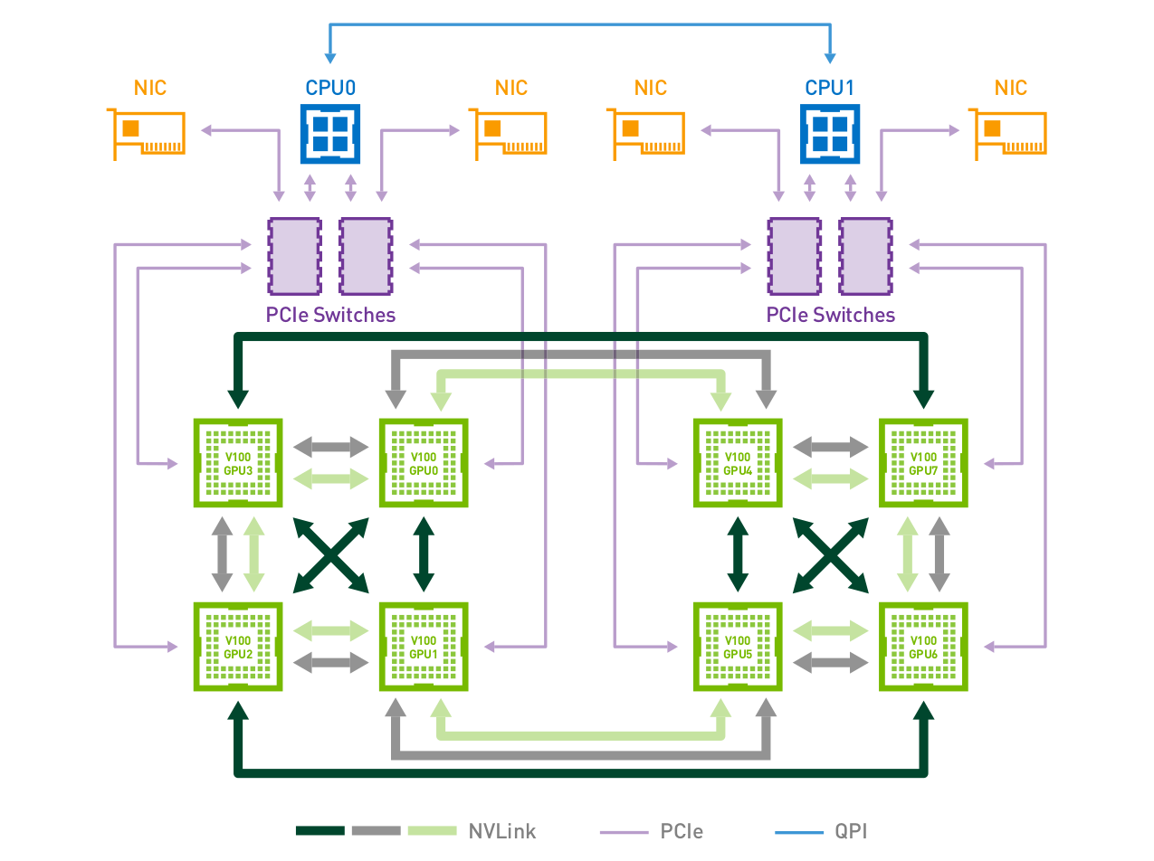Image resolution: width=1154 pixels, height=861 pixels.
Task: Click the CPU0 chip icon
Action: tap(327, 132)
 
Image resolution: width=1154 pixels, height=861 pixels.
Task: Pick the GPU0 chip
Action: tap(424, 463)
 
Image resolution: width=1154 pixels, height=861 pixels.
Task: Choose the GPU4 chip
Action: tap(738, 463)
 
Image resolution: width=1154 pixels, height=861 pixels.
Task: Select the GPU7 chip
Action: tap(923, 463)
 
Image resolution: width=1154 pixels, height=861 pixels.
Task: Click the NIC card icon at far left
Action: tap(147, 134)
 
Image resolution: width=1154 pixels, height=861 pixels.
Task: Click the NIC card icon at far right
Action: tap(1008, 134)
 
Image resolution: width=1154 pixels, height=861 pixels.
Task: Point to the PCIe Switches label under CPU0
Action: tap(330, 316)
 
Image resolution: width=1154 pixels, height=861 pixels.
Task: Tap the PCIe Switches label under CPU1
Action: tap(830, 316)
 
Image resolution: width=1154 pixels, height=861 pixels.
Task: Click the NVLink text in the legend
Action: tap(502, 831)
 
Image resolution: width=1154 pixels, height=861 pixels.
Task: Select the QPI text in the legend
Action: tap(850, 831)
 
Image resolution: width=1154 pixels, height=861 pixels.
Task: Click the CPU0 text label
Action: tap(329, 89)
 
